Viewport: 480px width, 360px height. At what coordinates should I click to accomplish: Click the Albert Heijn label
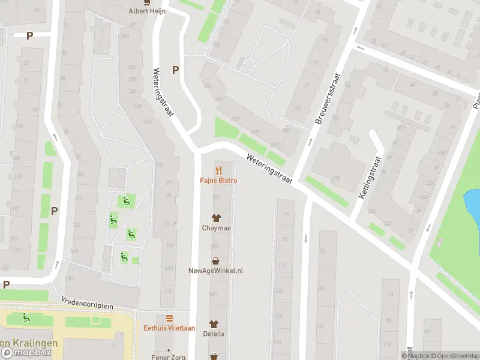click(147, 11)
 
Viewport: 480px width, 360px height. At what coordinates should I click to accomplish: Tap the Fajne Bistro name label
click(218, 181)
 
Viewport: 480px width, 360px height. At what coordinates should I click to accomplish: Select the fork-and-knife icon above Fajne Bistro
click(218, 170)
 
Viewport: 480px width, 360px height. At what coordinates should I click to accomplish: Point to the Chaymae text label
click(215, 228)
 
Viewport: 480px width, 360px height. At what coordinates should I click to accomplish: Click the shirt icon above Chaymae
click(215, 217)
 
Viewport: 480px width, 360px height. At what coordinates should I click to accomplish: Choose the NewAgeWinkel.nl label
click(215, 271)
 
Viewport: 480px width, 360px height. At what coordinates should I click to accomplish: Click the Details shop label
click(214, 334)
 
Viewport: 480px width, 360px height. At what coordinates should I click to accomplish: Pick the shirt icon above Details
click(214, 323)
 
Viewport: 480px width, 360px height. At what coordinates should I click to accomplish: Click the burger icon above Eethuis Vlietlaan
click(169, 317)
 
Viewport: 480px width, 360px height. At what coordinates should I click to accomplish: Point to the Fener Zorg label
click(169, 356)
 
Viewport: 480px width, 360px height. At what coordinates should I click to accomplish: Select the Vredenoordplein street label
click(86, 303)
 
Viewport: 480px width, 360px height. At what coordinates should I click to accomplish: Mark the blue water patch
click(473, 204)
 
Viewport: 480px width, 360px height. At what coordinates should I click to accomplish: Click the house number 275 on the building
click(335, 179)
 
